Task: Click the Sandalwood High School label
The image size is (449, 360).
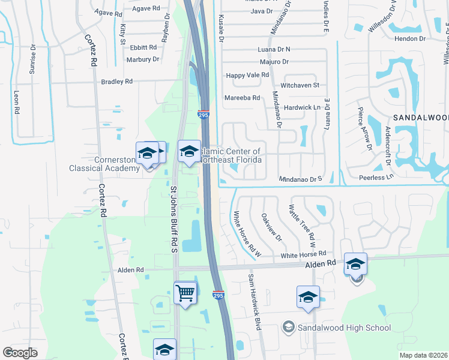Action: (344, 328)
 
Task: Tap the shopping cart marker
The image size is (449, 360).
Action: (185, 293)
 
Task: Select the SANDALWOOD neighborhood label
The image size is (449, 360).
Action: (420, 118)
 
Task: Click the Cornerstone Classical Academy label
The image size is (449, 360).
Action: (117, 164)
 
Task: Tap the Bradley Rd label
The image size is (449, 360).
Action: (116, 82)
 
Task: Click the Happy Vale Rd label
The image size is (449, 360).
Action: (247, 75)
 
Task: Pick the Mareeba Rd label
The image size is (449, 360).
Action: (241, 98)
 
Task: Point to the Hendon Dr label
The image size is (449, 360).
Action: (411, 38)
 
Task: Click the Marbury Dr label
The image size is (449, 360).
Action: (142, 59)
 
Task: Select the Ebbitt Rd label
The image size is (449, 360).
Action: (143, 47)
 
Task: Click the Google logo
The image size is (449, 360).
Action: (20, 353)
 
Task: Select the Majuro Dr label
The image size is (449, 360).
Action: (274, 62)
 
